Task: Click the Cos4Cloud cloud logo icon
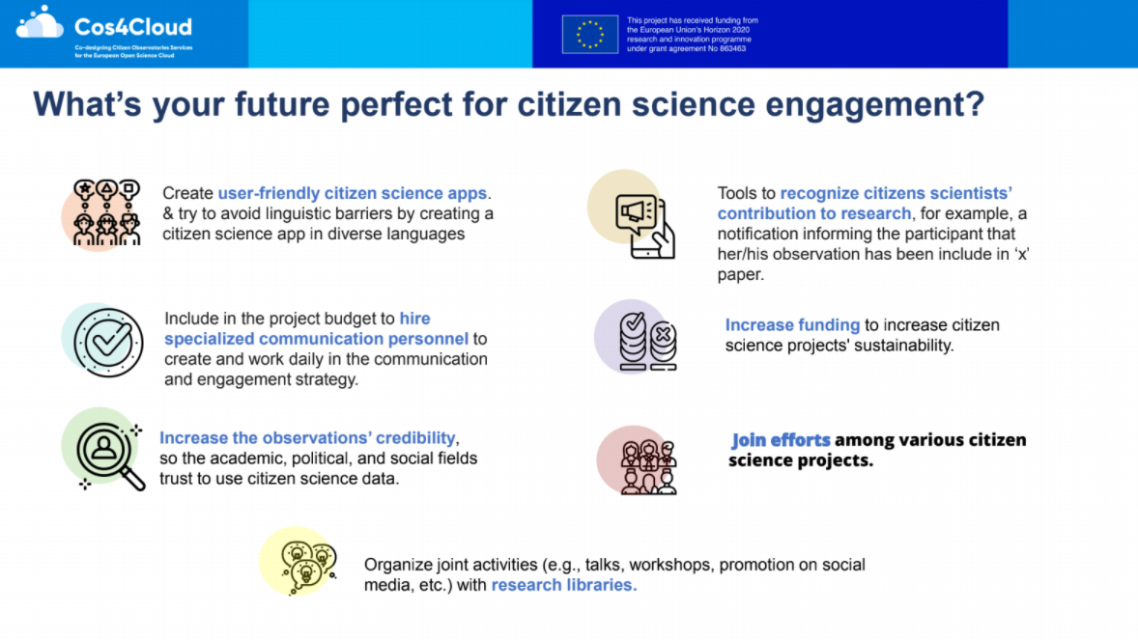point(40,22)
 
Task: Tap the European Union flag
point(590,34)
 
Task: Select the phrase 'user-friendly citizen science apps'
point(352,193)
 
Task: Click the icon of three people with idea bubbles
point(106,212)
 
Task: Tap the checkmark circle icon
point(108,343)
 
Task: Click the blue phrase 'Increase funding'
point(792,325)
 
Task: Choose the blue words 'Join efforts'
point(781,440)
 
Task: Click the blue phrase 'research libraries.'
point(564,585)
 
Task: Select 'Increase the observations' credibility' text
point(308,437)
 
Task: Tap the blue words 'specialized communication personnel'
point(317,339)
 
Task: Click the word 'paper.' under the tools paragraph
point(740,274)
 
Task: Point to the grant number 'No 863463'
point(727,48)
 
